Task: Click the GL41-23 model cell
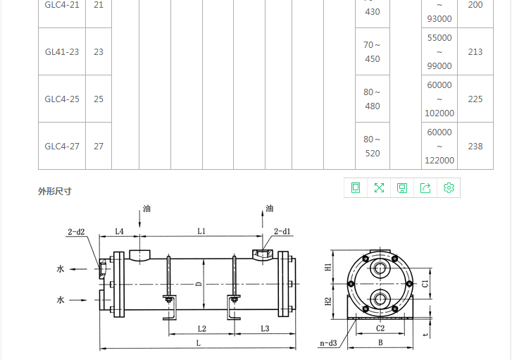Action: pos(62,51)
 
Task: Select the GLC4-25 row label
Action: pos(62,99)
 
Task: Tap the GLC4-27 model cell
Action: pos(62,146)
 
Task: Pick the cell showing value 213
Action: pos(475,51)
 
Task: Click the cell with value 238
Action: pos(475,146)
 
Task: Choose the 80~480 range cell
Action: pos(372,99)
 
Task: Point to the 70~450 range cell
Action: pos(372,52)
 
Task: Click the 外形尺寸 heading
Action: pos(54,191)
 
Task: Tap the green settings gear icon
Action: pos(449,187)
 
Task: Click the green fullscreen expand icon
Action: pos(379,187)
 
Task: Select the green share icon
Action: pos(425,187)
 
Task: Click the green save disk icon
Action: pos(402,187)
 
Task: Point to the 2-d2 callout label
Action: pos(76,232)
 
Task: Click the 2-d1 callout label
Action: pos(282,231)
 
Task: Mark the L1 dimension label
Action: pos(201,231)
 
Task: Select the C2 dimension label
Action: pos(380,328)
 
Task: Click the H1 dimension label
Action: pos(328,267)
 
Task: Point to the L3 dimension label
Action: pos(265,328)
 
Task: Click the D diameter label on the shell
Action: pos(199,285)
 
